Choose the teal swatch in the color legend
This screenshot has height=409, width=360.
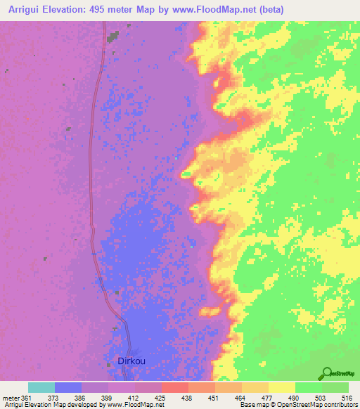(41, 387)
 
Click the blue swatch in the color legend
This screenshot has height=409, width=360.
(67, 387)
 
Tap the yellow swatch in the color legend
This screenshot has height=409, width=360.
(281, 387)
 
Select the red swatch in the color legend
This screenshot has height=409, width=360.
(174, 387)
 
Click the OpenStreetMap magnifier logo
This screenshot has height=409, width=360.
(326, 372)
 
